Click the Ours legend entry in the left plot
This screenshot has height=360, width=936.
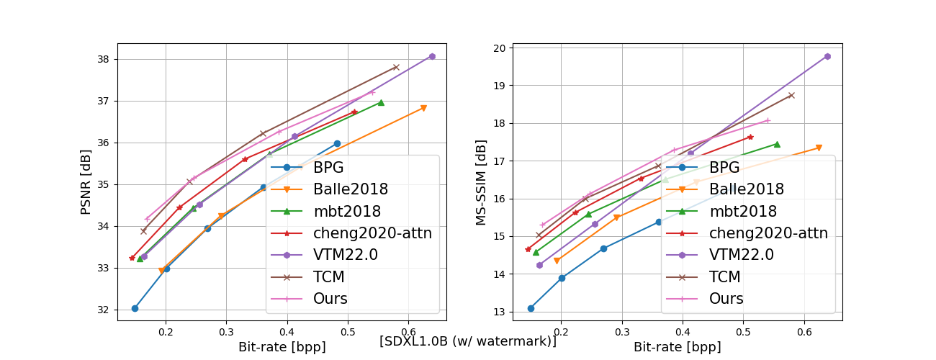coord(330,298)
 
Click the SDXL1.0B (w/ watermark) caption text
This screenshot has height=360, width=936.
coord(468,341)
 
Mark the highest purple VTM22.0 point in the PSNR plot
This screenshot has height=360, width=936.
coord(432,56)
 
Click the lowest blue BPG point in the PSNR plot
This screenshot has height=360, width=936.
coord(135,308)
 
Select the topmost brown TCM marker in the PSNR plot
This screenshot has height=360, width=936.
coord(396,67)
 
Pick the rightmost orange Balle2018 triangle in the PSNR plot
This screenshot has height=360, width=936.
coord(423,108)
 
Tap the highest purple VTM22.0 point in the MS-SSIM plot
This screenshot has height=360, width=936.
coord(827,56)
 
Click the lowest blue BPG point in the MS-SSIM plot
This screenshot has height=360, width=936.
coord(531,308)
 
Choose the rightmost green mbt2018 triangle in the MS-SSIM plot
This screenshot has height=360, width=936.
coord(777,144)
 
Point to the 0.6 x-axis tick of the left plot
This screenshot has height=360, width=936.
coord(408,332)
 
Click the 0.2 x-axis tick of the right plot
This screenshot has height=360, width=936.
coord(562,332)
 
